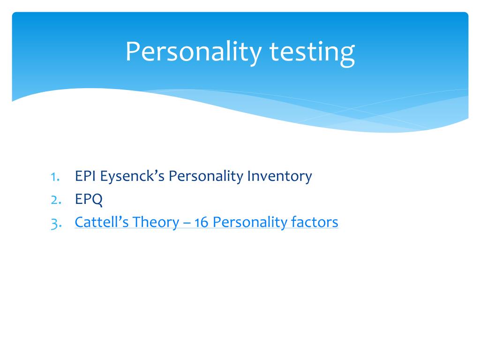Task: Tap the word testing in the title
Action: click(312, 52)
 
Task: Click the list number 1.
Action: click(55, 177)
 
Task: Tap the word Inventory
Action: click(279, 177)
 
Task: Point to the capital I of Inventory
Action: click(249, 176)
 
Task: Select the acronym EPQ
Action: click(89, 199)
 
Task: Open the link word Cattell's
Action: click(101, 222)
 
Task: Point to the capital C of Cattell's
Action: click(79, 222)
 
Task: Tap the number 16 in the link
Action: click(201, 222)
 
